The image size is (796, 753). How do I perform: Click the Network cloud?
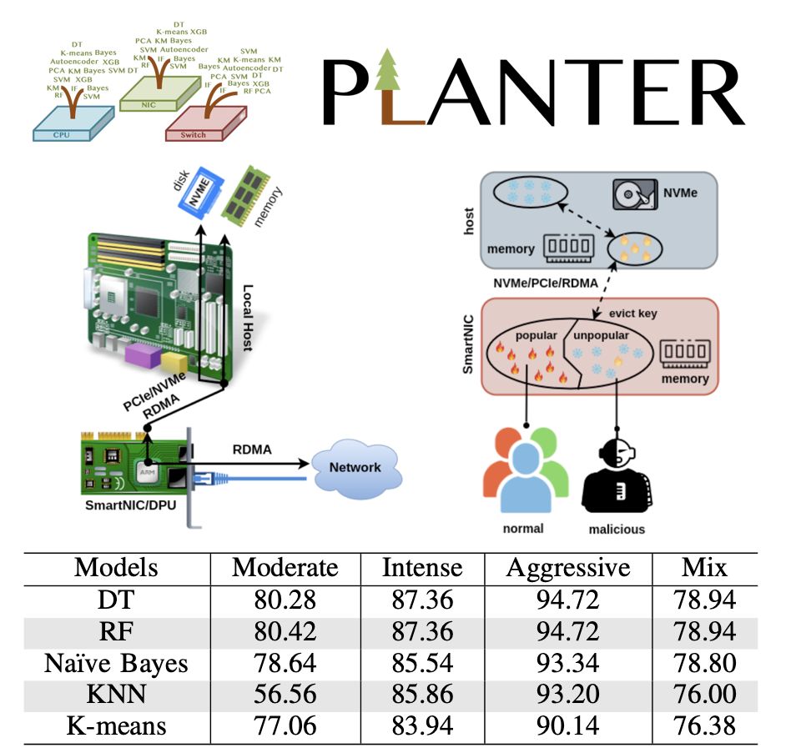tap(355, 468)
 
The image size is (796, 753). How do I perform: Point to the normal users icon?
tap(525, 474)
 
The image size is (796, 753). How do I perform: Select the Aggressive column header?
tap(567, 569)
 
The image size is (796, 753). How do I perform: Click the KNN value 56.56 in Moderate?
tap(285, 694)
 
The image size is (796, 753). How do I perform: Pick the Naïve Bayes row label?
tap(116, 663)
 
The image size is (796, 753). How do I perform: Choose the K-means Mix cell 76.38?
tap(705, 725)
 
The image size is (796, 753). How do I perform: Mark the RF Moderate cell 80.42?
tap(285, 631)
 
